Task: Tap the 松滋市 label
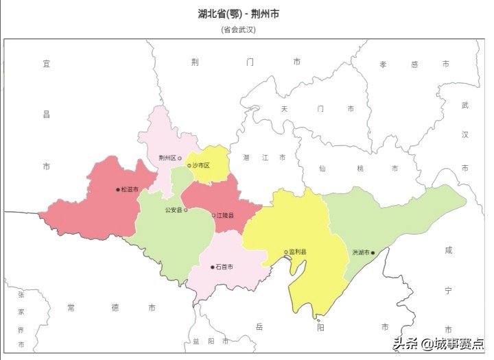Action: [130, 190]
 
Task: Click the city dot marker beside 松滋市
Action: [118, 190]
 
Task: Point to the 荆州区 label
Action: [167, 158]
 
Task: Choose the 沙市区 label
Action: [201, 165]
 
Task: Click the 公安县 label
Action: [174, 211]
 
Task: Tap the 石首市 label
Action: [224, 267]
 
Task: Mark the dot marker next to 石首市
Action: [213, 267]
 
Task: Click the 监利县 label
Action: [298, 252]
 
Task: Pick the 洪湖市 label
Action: [361, 252]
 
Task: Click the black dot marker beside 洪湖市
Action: [373, 252]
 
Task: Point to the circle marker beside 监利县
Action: [286, 252]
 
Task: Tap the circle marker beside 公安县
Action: [185, 211]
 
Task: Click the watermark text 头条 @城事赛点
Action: [438, 344]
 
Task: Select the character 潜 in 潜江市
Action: [246, 158]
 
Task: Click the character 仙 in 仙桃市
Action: [322, 168]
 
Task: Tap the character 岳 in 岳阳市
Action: [259, 326]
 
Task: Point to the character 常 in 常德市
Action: [71, 308]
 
